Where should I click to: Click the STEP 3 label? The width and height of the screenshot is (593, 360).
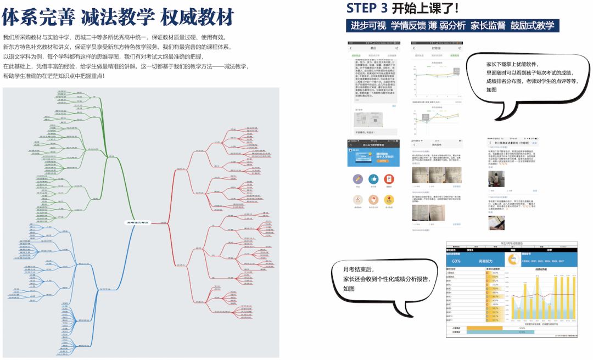pos(367,8)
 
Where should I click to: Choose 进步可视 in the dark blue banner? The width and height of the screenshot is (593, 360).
pos(369,26)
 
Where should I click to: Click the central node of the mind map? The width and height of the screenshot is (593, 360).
pos(137,222)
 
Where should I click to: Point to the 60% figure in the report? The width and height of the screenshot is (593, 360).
pos(456,261)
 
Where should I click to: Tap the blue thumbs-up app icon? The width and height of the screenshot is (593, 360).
pos(373,179)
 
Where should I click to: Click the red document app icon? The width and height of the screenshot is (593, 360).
pos(389,179)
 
